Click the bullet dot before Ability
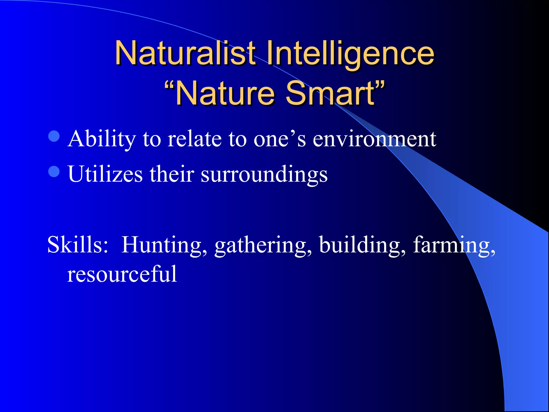point(54,136)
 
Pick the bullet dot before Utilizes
point(54,171)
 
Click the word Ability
point(102,139)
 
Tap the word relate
point(195,139)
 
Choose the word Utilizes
point(105,174)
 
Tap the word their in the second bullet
point(172,174)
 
